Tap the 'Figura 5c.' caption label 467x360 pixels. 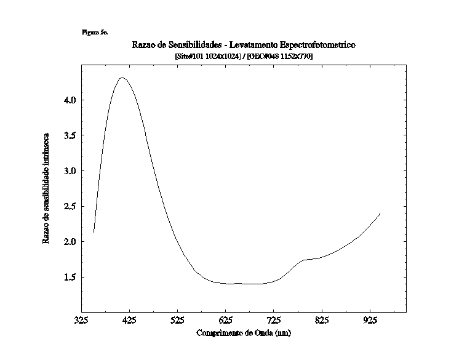(x=94, y=32)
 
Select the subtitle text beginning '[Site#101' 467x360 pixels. (x=244, y=56)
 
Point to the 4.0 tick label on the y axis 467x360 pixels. (x=69, y=100)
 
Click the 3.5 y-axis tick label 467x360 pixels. (x=69, y=135)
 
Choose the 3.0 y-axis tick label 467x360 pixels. (x=69, y=170)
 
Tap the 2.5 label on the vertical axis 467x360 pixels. (x=69, y=206)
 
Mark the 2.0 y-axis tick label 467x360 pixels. (x=69, y=241)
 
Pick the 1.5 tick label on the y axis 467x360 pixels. (x=69, y=277)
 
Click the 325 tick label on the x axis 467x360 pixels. (x=81, y=320)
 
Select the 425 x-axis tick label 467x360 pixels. (x=129, y=320)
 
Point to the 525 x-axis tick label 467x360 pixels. (x=177, y=320)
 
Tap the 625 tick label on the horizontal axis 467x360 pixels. (x=226, y=320)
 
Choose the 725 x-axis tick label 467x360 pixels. (x=274, y=320)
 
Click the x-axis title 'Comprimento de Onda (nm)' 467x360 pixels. (x=244, y=333)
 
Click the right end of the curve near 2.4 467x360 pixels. (x=380, y=214)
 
